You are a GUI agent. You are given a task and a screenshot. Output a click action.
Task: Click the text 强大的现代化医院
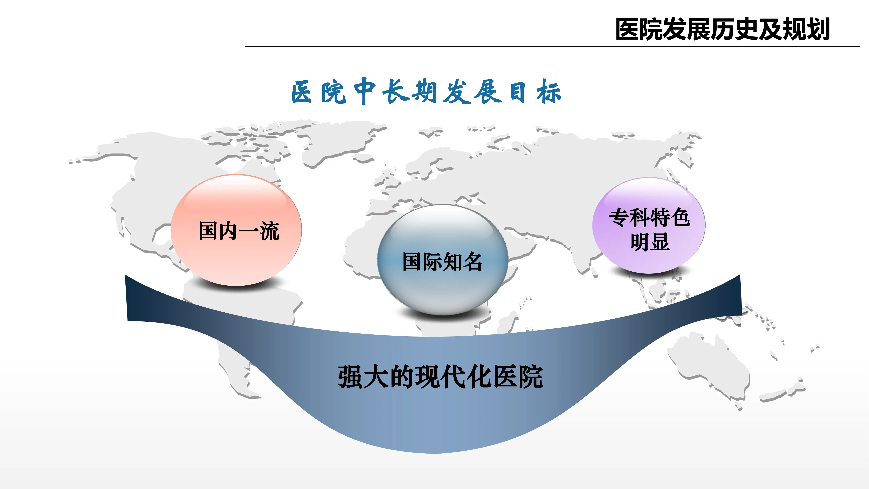coord(440,377)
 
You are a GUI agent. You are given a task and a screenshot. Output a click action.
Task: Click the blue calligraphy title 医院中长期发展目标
coord(426,92)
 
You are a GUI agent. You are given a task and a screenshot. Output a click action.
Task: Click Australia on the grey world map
coord(712,365)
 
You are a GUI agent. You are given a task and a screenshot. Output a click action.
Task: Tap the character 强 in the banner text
coord(351,377)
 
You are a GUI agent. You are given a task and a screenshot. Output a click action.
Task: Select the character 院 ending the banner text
coord(531,377)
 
